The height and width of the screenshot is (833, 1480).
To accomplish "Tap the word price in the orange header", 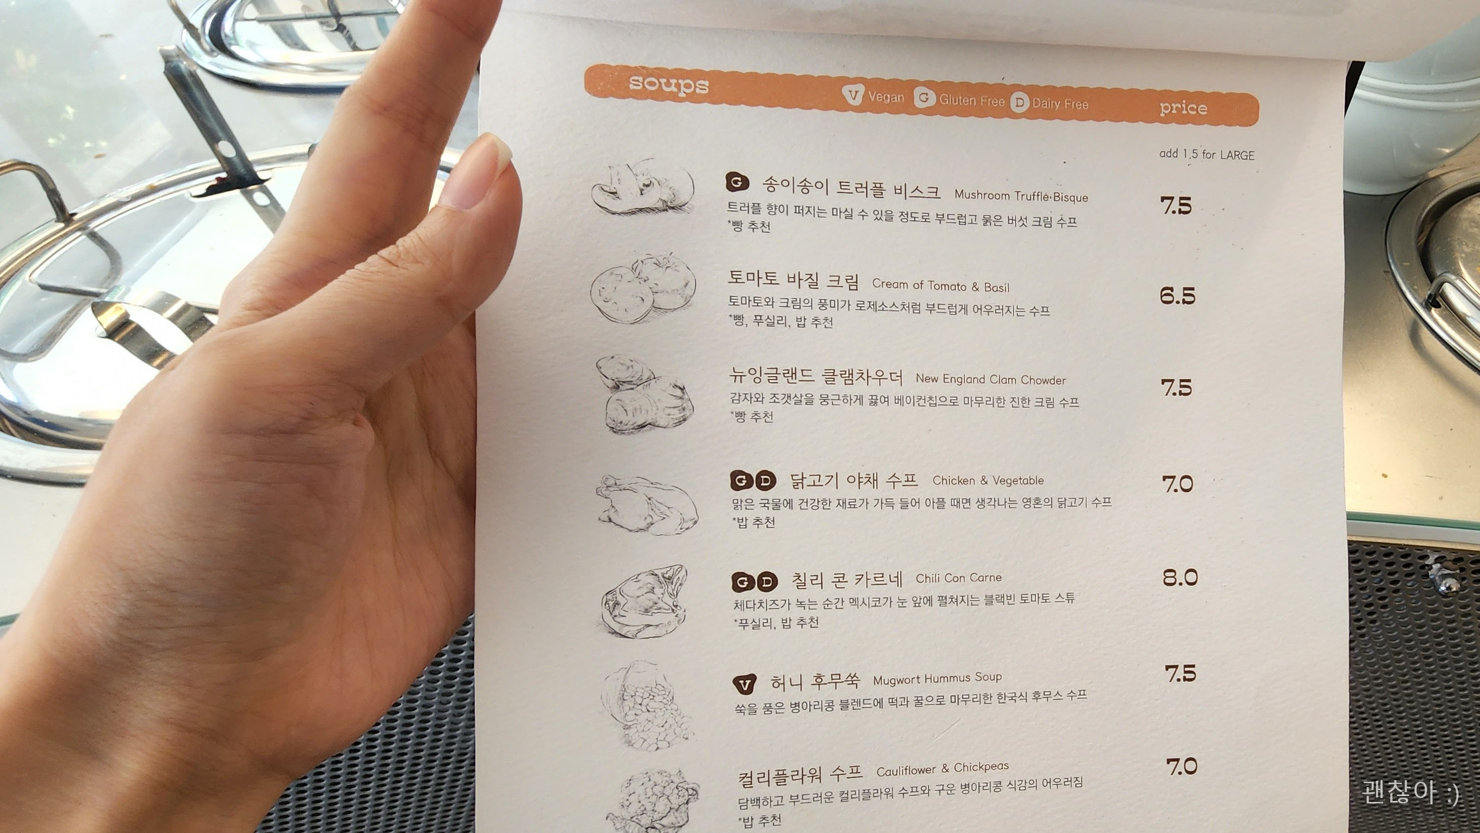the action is coord(1183,108).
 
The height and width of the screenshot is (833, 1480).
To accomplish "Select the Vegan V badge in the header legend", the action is coord(853,95).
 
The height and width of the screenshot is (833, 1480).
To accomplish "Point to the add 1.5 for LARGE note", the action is coord(1207,154).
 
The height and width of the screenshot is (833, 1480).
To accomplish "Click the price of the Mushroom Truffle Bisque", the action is coord(1176,206).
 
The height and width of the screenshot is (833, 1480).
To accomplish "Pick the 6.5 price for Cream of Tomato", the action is coord(1177,296).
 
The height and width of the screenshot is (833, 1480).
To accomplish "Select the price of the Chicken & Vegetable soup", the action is coord(1178,484).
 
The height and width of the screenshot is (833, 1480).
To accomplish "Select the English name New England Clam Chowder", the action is coord(991,379).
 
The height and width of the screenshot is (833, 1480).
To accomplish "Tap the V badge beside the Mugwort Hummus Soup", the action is coord(744,684).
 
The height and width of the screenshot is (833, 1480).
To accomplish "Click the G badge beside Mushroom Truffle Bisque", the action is coord(737,182).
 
